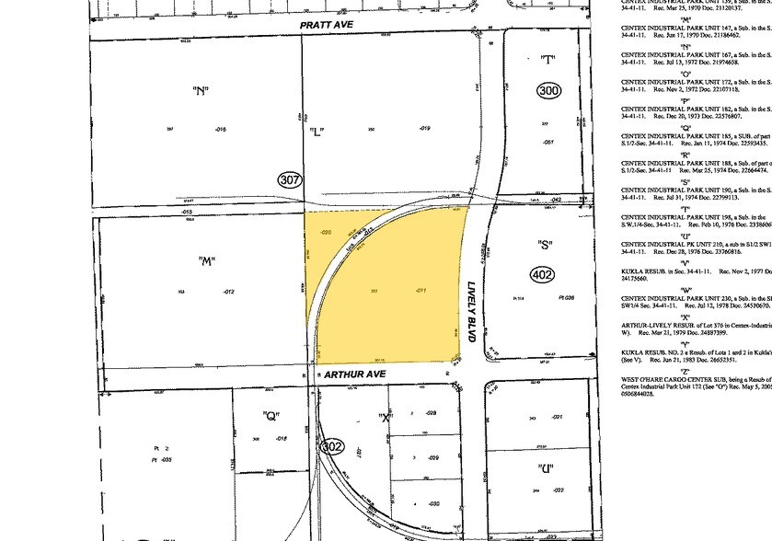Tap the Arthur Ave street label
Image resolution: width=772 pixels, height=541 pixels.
point(347,375)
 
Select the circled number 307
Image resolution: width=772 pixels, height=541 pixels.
point(291,181)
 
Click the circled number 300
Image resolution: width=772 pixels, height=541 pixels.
point(549,91)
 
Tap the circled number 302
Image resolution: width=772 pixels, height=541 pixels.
point(332,446)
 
